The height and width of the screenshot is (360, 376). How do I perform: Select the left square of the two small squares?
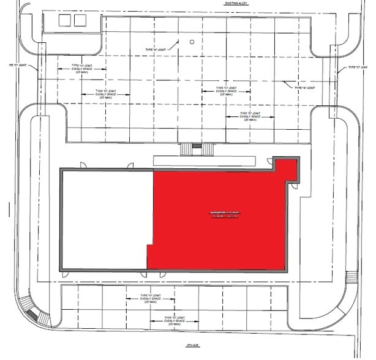(66, 20)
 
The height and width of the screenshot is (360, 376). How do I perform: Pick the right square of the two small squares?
(80, 20)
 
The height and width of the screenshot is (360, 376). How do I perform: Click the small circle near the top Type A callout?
(192, 42)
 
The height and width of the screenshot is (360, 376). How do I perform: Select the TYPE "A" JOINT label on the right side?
(307, 88)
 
